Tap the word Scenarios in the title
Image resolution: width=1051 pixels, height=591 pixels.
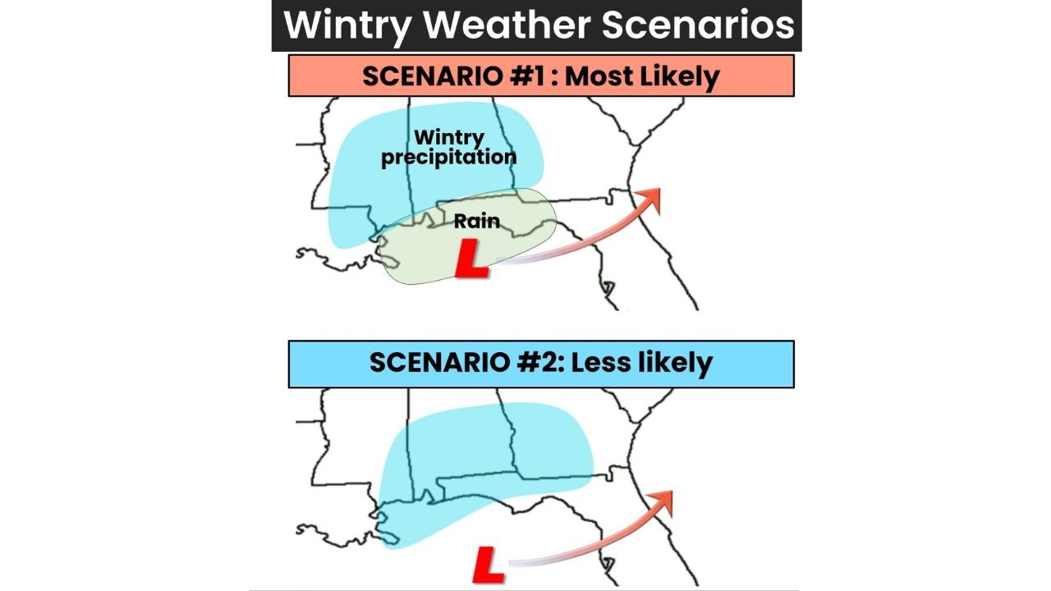pos(698,25)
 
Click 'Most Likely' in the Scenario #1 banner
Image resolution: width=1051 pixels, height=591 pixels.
pos(642,76)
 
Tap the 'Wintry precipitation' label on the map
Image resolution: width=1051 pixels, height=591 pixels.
pos(448,148)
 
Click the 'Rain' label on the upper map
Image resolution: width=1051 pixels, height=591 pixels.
pos(476,221)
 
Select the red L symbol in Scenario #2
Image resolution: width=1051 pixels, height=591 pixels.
pos(489,566)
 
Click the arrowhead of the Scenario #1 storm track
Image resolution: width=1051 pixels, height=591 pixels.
pos(650,198)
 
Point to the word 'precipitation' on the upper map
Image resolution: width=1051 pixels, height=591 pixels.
pos(448,157)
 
